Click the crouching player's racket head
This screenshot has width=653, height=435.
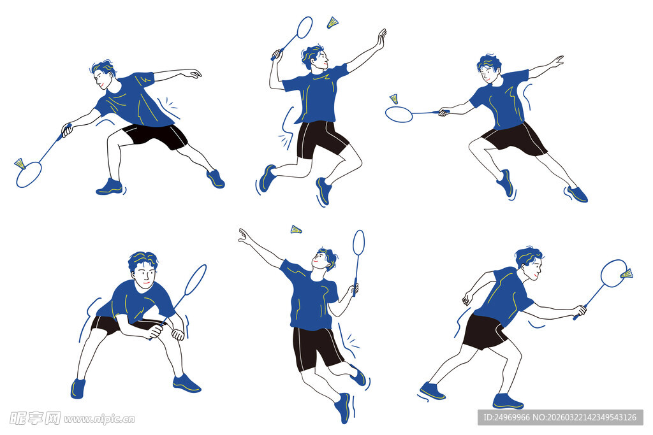(196, 279)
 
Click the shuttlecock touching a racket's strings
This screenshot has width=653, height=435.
(626, 274)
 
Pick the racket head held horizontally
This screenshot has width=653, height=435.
(399, 115)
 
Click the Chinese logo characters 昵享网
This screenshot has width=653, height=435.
(35, 418)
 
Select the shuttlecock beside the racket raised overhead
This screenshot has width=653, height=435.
(332, 22)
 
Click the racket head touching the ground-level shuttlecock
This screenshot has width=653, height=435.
(29, 175)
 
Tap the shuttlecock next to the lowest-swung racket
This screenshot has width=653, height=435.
(20, 164)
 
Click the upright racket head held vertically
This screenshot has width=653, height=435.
(358, 243)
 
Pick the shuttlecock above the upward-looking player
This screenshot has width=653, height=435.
(296, 229)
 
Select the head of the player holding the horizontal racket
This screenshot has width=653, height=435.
(489, 69)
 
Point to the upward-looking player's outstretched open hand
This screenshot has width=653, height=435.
(245, 236)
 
